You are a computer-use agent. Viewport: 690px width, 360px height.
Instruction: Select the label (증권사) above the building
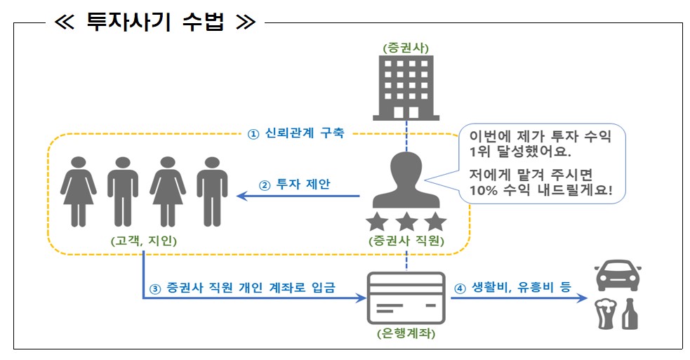point(406,48)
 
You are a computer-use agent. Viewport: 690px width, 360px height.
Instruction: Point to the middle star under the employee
point(406,222)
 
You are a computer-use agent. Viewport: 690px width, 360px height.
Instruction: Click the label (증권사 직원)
point(406,241)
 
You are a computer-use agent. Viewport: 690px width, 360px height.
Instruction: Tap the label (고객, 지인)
point(143,241)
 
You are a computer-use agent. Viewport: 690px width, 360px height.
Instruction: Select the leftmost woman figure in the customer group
point(78,189)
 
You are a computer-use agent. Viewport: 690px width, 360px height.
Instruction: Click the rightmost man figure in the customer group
point(211,189)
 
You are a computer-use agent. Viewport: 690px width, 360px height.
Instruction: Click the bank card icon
point(406,298)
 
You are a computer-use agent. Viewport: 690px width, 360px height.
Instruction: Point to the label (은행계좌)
point(406,334)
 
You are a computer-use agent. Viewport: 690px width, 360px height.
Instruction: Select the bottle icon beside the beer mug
point(630,313)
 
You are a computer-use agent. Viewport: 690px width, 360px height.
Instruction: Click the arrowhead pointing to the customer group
point(241,196)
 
